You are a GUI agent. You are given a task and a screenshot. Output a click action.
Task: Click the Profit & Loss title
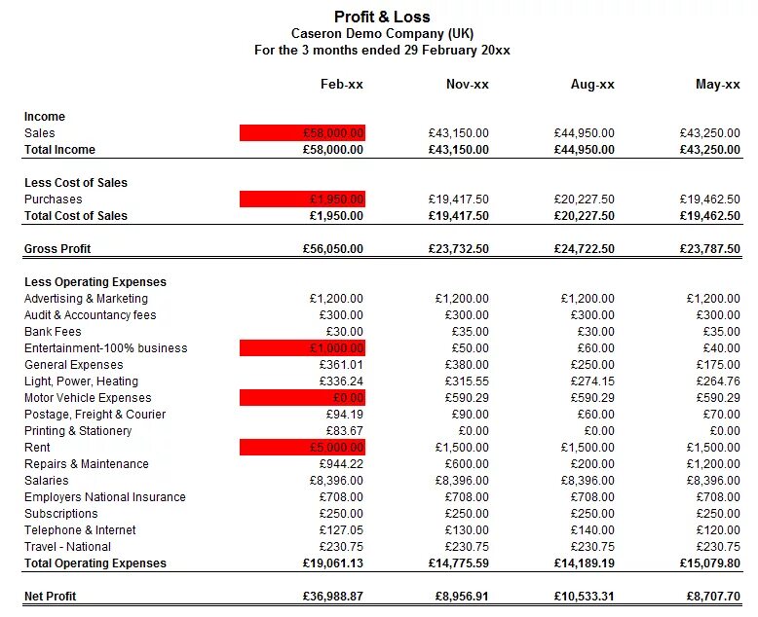coord(382,17)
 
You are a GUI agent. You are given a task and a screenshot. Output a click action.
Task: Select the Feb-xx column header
coord(341,85)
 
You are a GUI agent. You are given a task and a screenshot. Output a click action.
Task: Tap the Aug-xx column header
coord(592,85)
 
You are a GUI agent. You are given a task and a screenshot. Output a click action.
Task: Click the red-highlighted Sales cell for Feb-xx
coord(303,133)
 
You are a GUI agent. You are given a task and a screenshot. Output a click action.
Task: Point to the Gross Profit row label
coord(57,249)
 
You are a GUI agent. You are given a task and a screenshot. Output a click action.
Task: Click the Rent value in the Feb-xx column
coord(303,448)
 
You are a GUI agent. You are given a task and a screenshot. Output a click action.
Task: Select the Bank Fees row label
coord(53,332)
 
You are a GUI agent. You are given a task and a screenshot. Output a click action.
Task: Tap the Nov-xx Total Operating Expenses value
coord(458,563)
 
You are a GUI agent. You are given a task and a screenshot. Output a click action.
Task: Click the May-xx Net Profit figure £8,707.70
coord(712,596)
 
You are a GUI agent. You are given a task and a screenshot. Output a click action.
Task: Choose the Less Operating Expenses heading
coord(95,282)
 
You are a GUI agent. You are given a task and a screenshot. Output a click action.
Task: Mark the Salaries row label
coord(47,481)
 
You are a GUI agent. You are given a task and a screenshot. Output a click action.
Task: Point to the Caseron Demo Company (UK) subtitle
coord(382,33)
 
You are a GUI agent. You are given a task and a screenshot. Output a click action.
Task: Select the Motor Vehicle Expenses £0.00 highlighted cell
coord(303,398)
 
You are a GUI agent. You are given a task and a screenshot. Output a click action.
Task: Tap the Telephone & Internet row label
coord(80,530)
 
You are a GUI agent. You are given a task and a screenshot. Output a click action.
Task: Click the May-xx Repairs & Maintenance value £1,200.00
coord(712,464)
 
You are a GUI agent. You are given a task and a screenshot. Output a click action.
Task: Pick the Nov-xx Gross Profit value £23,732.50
coord(458,249)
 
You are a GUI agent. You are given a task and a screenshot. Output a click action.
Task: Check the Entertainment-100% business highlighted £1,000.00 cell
coord(303,348)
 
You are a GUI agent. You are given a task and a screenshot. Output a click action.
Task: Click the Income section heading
coord(45,117)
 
